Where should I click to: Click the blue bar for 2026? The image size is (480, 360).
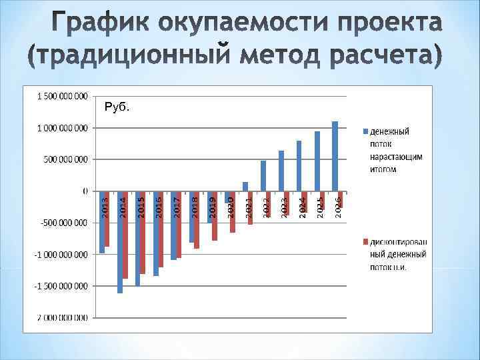[x=335, y=156]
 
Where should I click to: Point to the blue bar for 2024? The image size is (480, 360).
[x=299, y=166]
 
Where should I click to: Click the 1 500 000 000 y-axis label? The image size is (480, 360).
[x=57, y=96]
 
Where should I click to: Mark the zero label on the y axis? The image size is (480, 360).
[x=85, y=191]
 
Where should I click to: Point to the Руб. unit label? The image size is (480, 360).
[x=117, y=106]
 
